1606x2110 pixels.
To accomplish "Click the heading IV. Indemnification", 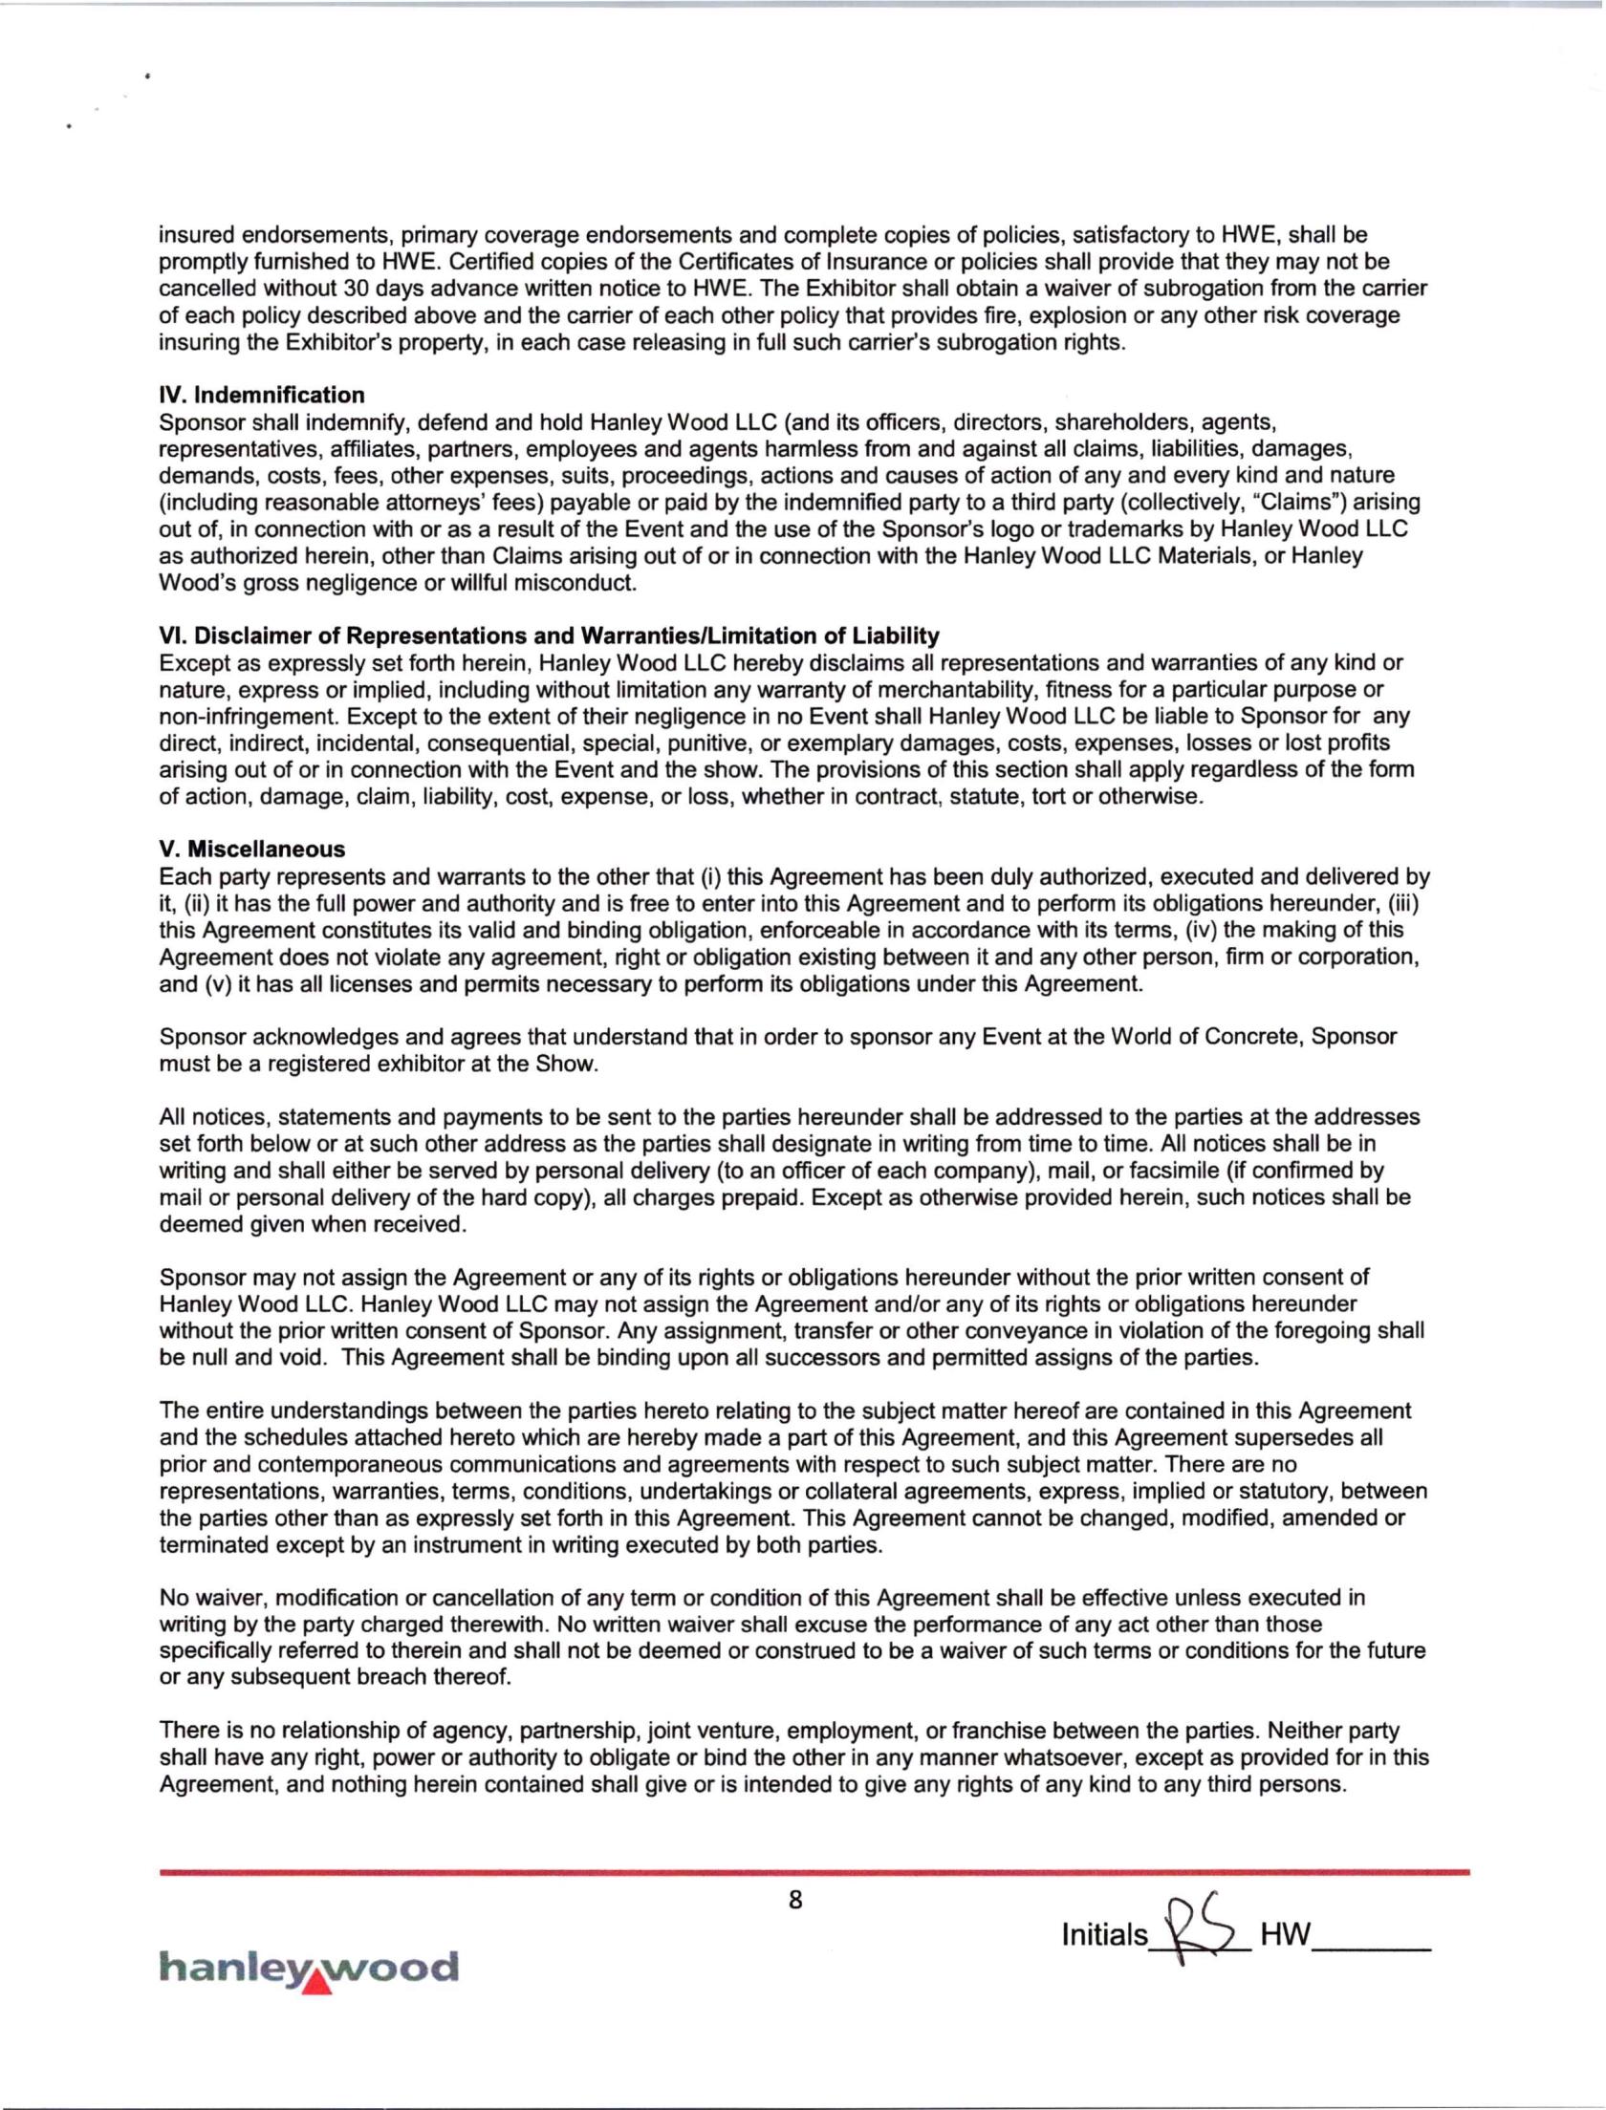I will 262,396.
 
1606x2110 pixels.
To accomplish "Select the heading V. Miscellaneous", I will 252,850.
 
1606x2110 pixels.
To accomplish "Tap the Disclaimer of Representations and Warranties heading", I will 549,636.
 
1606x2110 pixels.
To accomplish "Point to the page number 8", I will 795,1901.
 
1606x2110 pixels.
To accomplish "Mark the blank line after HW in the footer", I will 1372,1946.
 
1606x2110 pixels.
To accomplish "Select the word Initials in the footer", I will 1104,1936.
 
